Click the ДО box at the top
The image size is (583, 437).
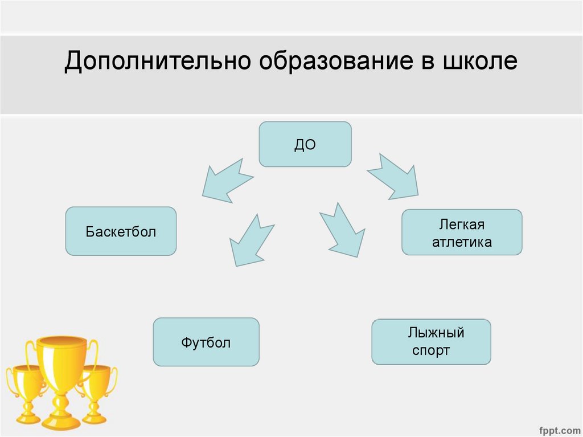coord(305,144)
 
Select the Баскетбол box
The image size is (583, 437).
coord(121,231)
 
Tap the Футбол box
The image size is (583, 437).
coord(206,342)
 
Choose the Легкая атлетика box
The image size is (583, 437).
coord(462,232)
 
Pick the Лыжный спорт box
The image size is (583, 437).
coord(431,342)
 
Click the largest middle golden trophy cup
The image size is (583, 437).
coord(61,365)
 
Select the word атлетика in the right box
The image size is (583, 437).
coord(462,242)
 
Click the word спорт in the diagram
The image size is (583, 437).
coord(431,350)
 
